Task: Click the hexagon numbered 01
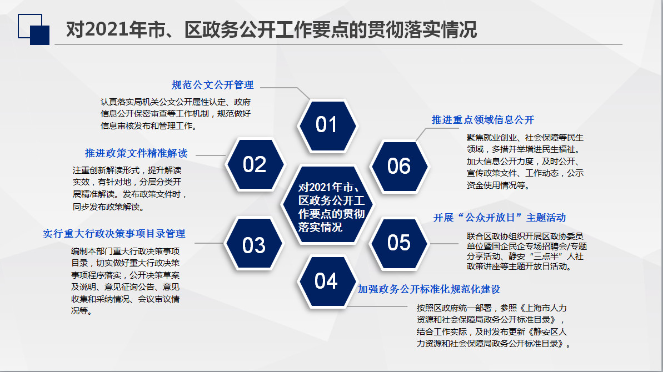[326, 125]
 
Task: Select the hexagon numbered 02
[255, 164]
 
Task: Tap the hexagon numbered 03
[254, 245]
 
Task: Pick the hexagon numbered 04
[326, 281]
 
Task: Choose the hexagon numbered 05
[398, 243]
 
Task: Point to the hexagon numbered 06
[398, 165]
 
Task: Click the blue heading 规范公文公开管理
[212, 85]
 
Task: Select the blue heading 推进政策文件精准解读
[136, 153]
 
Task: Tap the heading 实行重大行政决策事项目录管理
[114, 234]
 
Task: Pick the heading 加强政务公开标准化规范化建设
[429, 289]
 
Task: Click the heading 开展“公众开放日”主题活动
[499, 217]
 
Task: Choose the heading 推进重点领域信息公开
[482, 119]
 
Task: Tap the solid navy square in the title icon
[40, 34]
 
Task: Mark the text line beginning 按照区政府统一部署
[492, 307]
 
